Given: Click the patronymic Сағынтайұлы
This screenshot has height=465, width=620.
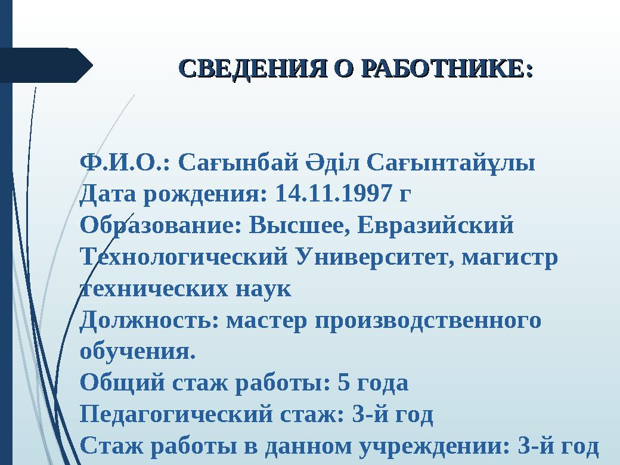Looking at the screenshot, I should point(450,162).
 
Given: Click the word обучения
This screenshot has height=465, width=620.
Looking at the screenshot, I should point(137,352).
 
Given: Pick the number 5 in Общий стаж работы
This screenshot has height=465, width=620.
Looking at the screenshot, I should point(343,383).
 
